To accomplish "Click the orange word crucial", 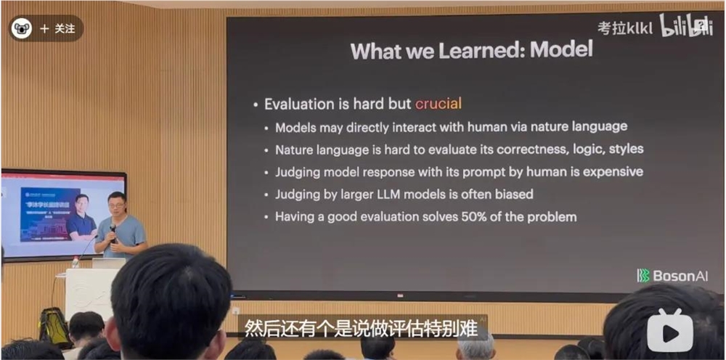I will [438, 104].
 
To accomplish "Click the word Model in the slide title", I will [561, 49].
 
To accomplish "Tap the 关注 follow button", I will [58, 28].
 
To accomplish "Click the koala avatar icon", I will [23, 28].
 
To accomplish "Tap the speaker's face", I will [116, 204].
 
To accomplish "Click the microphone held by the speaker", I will [113, 232].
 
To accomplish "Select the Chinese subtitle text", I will [361, 328].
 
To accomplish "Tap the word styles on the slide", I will [625, 150].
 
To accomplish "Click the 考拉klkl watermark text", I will [625, 28].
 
